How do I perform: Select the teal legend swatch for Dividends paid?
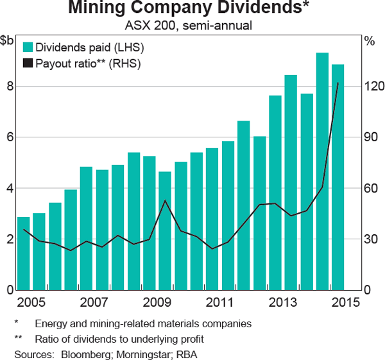[x=28, y=47]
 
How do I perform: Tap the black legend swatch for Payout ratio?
[x=28, y=63]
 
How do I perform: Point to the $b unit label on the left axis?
[x=8, y=41]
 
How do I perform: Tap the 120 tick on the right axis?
[x=374, y=87]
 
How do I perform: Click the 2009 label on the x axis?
[x=157, y=302]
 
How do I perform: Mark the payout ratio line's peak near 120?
[x=338, y=83]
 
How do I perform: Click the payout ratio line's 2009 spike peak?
[x=165, y=201]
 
